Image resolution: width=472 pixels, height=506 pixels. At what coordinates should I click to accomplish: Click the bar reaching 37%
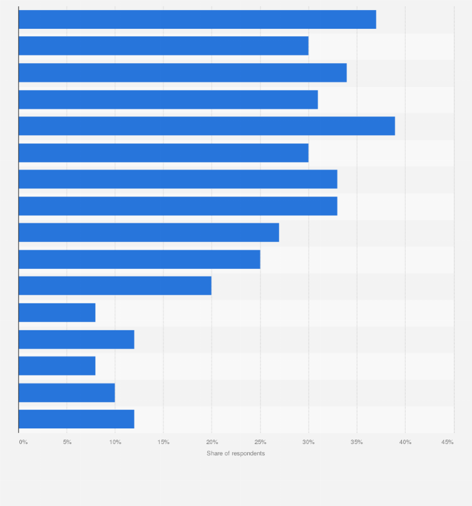point(197,19)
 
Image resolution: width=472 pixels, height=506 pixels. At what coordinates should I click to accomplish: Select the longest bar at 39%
point(207,126)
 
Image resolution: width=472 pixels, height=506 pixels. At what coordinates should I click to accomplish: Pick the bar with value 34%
point(182,73)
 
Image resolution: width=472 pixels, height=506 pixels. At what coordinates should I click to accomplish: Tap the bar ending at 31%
point(168,99)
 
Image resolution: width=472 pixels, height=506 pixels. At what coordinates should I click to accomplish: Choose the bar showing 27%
point(148,233)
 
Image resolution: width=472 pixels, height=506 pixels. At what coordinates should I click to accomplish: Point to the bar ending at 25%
point(139,259)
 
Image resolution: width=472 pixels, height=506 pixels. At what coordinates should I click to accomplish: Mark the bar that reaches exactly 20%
point(115,286)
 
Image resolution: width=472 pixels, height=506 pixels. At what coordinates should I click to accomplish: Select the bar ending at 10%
point(66,392)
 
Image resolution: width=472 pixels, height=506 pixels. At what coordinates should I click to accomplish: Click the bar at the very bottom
point(76,419)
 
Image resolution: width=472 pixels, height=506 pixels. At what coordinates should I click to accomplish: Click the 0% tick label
point(23,442)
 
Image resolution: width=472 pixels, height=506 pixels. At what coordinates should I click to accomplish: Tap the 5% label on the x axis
point(67,442)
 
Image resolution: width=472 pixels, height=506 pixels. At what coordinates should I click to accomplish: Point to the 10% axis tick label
point(115,442)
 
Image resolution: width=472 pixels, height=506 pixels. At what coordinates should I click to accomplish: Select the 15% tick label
point(163,442)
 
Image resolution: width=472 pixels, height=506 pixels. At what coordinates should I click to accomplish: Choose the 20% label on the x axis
point(212,442)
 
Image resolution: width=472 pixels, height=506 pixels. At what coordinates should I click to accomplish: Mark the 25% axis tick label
point(260,442)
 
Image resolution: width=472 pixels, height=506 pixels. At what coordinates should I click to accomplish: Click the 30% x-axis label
point(309,442)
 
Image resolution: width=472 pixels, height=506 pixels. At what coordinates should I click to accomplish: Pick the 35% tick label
point(357,442)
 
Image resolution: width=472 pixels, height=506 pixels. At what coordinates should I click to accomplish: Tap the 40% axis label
point(405,442)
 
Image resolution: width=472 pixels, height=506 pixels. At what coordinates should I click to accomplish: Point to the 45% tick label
point(448,442)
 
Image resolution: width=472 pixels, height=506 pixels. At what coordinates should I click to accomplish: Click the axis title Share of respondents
point(236,453)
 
